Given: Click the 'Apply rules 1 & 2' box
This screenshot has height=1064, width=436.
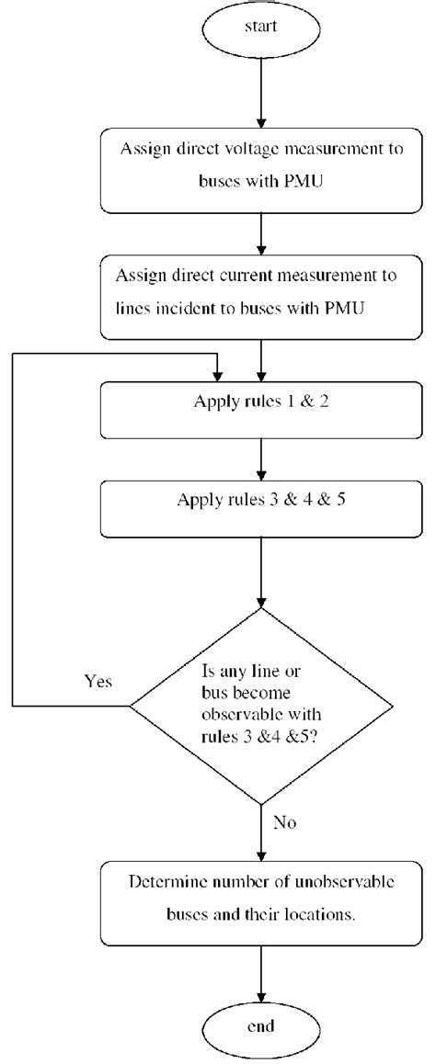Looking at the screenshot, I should [262, 411].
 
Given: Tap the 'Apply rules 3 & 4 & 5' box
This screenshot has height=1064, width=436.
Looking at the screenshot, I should [262, 510].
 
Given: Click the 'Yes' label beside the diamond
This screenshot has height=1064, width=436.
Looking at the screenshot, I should [99, 682].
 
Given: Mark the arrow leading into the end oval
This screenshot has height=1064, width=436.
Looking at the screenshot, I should [262, 969].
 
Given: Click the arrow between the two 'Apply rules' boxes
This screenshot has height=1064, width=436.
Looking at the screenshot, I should [262, 458].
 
